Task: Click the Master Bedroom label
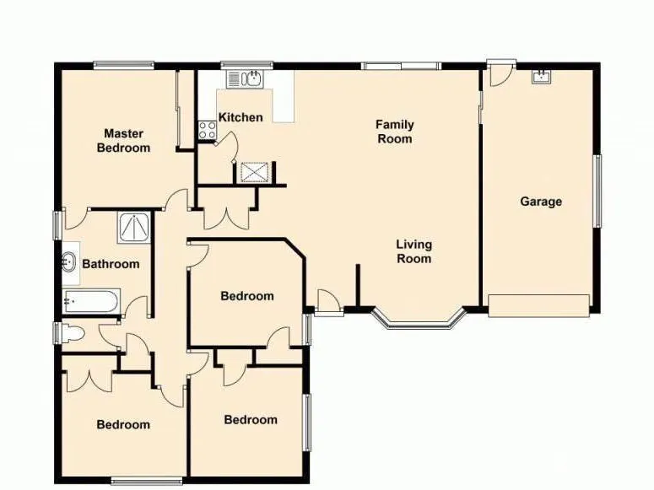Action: coord(123,141)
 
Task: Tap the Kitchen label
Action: coord(241,117)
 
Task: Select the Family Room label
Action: coord(395,132)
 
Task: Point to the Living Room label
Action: coord(413,251)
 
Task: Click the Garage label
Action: coord(541,202)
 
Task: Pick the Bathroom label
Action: coord(111,264)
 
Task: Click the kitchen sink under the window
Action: coord(244,79)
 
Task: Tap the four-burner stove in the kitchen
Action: coord(207,130)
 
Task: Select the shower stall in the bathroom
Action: coord(134,228)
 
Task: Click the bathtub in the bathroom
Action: coord(91,302)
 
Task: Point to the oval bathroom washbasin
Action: coord(69,262)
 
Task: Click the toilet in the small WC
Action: coord(73,333)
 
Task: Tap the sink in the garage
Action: coord(542,77)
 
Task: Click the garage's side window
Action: coord(597,191)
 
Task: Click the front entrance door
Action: coord(329,301)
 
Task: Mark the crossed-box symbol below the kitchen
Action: coord(255,172)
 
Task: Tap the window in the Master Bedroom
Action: coord(124,66)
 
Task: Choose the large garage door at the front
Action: coord(539,305)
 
